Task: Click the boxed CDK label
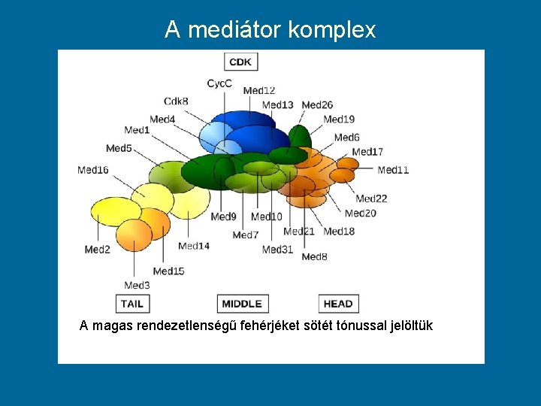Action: pos(240,62)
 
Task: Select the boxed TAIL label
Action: pos(132,304)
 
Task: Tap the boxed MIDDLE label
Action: pos(242,304)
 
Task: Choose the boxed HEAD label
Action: pos(338,304)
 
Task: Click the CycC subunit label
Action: pos(219,83)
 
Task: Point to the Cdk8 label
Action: pos(176,101)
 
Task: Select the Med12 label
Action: pos(259,91)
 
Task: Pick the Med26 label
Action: pos(318,105)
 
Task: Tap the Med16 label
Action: pos(93,170)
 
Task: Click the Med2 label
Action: pos(98,250)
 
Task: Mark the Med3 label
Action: pos(137,285)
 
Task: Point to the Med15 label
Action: pos(168,271)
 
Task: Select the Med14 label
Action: pos(194,246)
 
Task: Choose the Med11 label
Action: pos(393,170)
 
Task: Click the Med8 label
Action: pos(314,257)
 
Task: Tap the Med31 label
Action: pos(277,250)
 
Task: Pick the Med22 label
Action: pos(371,198)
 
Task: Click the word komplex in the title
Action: pos(331,29)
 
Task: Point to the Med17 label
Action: pos(367,152)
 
